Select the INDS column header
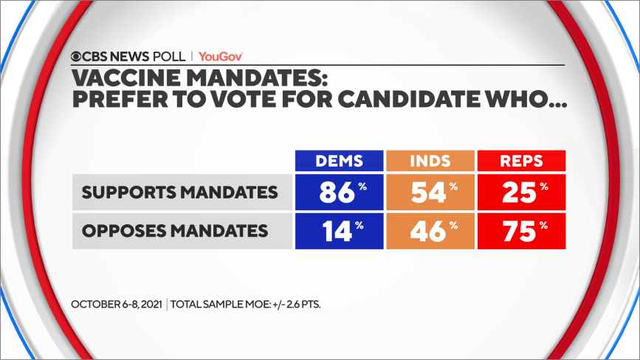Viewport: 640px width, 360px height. [430, 161]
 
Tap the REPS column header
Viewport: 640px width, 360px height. [521, 161]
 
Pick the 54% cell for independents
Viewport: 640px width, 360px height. [430, 192]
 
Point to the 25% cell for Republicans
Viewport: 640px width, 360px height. [521, 192]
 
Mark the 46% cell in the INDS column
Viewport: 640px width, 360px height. [430, 230]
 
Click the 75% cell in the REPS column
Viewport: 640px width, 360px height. [521, 230]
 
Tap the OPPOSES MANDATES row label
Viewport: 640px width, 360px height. [174, 231]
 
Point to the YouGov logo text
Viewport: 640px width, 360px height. [221, 56]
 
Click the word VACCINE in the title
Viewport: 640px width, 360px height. [121, 77]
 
